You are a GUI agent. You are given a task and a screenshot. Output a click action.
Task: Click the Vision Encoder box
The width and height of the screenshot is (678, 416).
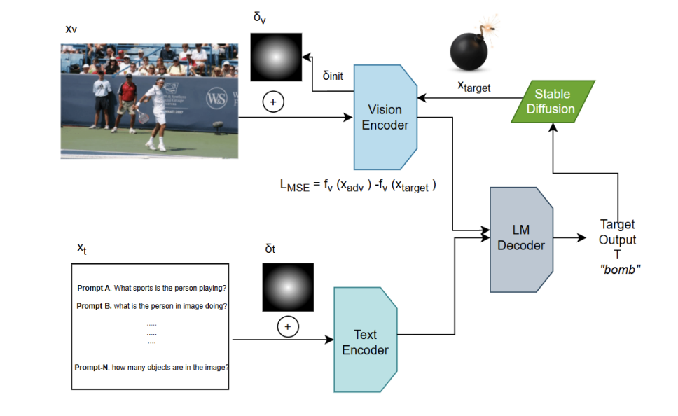(385, 116)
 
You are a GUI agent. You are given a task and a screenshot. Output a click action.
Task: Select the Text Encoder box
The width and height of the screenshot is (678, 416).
(365, 341)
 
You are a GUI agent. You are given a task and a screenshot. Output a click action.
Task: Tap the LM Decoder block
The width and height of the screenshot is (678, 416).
(520, 237)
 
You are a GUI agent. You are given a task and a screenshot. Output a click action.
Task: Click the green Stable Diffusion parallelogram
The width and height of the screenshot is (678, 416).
(553, 102)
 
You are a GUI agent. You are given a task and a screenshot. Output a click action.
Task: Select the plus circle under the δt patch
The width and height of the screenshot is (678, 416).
(286, 326)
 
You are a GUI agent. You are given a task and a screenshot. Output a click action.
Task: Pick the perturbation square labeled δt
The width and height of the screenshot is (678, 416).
(286, 287)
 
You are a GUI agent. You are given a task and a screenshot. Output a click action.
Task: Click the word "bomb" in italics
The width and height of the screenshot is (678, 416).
(621, 270)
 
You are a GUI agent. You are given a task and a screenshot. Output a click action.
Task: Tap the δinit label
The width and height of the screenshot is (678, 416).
(333, 75)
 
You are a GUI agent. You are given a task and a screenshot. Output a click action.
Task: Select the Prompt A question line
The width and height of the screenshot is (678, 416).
(151, 288)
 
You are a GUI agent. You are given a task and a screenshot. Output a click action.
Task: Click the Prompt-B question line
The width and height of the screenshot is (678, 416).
(151, 305)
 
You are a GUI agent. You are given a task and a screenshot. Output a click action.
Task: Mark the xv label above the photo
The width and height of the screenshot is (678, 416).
(71, 29)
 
